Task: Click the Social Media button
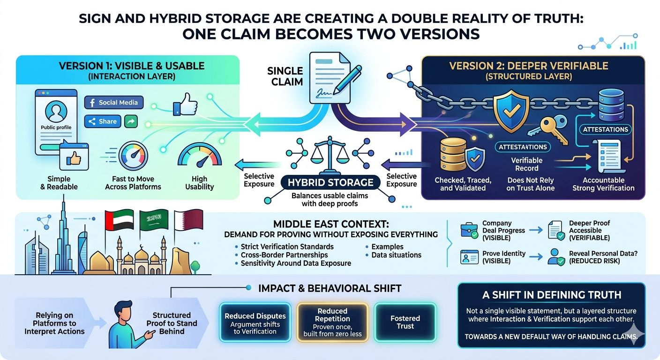click(x=114, y=103)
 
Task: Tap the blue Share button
click(x=103, y=121)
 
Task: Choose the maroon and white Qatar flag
click(x=187, y=220)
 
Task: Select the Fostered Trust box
click(x=405, y=322)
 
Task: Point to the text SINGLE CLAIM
click(x=285, y=76)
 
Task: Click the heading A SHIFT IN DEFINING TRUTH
click(x=551, y=295)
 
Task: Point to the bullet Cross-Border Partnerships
click(x=284, y=255)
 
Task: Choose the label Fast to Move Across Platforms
click(x=133, y=183)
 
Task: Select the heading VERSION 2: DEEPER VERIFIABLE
click(x=529, y=66)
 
